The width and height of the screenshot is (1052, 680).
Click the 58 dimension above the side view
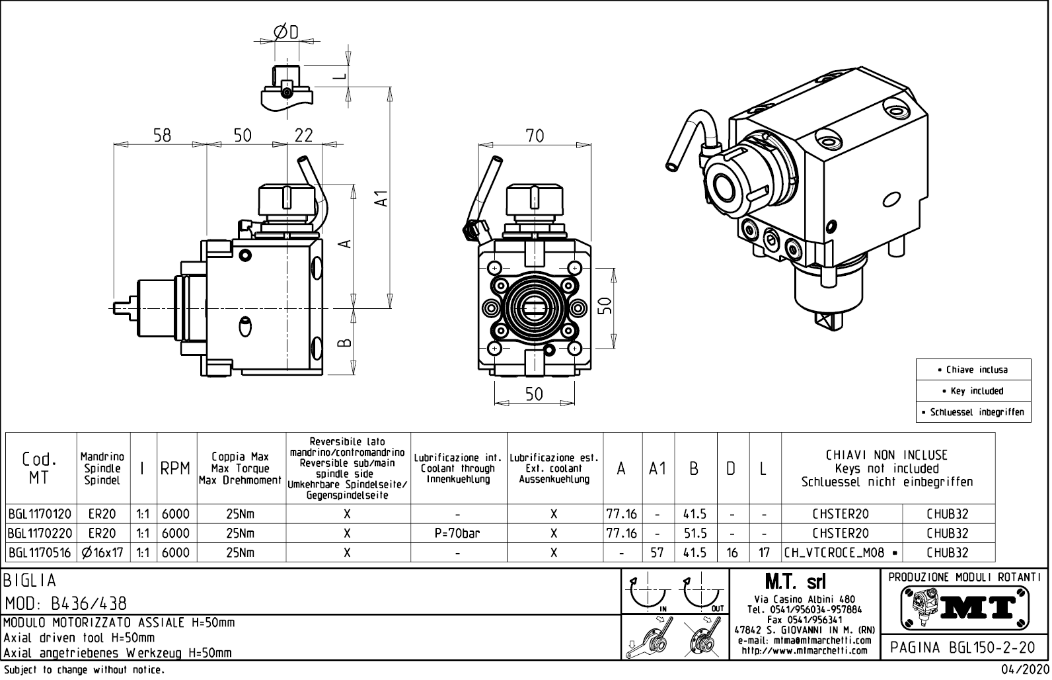point(162,135)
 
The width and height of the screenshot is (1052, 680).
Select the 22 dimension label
point(303,135)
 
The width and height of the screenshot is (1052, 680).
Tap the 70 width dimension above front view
point(535,136)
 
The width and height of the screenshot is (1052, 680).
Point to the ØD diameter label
point(286,32)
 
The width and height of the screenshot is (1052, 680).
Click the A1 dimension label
point(381,198)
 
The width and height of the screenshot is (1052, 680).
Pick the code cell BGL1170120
point(40,514)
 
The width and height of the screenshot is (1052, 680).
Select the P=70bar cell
point(458,533)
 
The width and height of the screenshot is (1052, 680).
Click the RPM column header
point(176,468)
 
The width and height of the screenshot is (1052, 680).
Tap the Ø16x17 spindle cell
point(103,553)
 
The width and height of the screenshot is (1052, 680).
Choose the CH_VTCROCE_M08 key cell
point(841,553)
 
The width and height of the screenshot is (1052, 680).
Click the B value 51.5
point(695,533)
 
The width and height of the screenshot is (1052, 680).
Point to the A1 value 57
point(657,553)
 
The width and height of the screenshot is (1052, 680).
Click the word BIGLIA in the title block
point(30,580)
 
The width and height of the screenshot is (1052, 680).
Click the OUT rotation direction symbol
point(703,594)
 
